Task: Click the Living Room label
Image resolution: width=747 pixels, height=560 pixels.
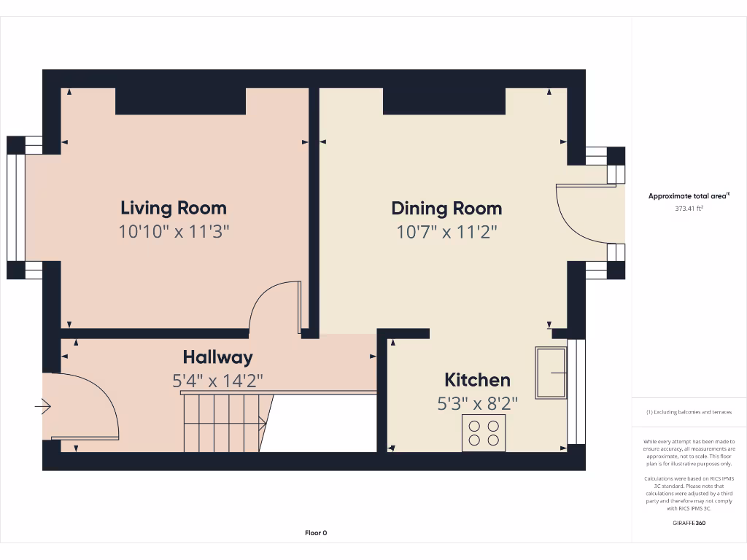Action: [174, 208]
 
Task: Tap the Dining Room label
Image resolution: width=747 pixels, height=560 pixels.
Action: [446, 208]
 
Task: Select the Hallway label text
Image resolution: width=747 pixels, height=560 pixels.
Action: [217, 357]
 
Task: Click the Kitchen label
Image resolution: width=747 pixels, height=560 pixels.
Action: [477, 380]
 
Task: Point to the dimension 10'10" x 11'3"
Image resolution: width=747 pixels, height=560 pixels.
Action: [174, 232]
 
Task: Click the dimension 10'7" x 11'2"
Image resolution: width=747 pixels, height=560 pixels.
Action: [446, 232]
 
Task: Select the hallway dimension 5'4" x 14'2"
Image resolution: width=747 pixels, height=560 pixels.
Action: [217, 381]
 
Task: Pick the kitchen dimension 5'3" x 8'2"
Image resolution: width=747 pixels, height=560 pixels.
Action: [477, 403]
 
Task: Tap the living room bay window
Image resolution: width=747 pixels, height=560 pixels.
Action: [16, 208]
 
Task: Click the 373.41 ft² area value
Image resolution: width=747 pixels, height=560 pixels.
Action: [689, 209]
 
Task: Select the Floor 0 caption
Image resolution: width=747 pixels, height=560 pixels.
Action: [316, 533]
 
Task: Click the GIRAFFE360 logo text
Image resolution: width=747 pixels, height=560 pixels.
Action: [689, 523]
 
